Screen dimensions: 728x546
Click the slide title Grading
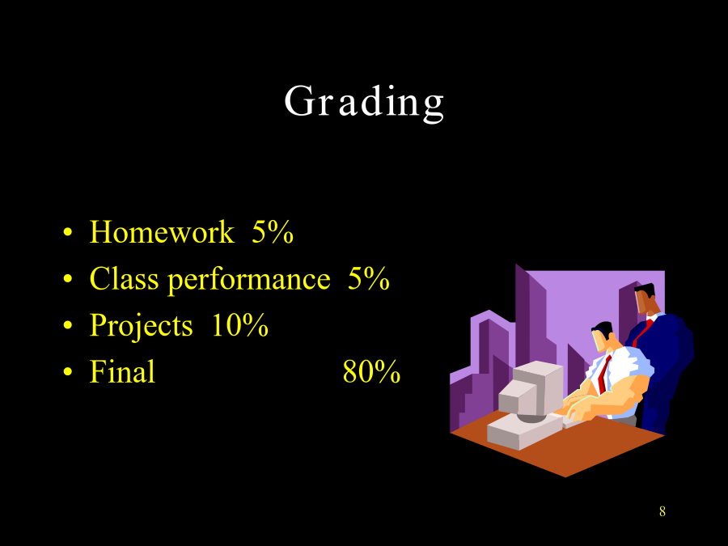364,103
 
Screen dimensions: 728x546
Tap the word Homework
162,231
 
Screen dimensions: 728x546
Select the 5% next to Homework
273,231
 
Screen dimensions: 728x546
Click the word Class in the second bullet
124,278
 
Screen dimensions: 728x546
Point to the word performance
249,281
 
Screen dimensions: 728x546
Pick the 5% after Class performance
369,278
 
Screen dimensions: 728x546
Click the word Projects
141,326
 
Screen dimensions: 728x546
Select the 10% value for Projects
239,324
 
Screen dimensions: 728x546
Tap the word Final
122,371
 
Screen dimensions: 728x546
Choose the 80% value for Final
371,371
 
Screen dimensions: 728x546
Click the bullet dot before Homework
68,232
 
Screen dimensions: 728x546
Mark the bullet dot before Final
68,372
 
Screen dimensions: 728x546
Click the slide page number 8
662,511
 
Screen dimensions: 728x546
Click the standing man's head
645,298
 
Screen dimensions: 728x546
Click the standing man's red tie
643,332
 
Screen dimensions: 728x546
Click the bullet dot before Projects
68,325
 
